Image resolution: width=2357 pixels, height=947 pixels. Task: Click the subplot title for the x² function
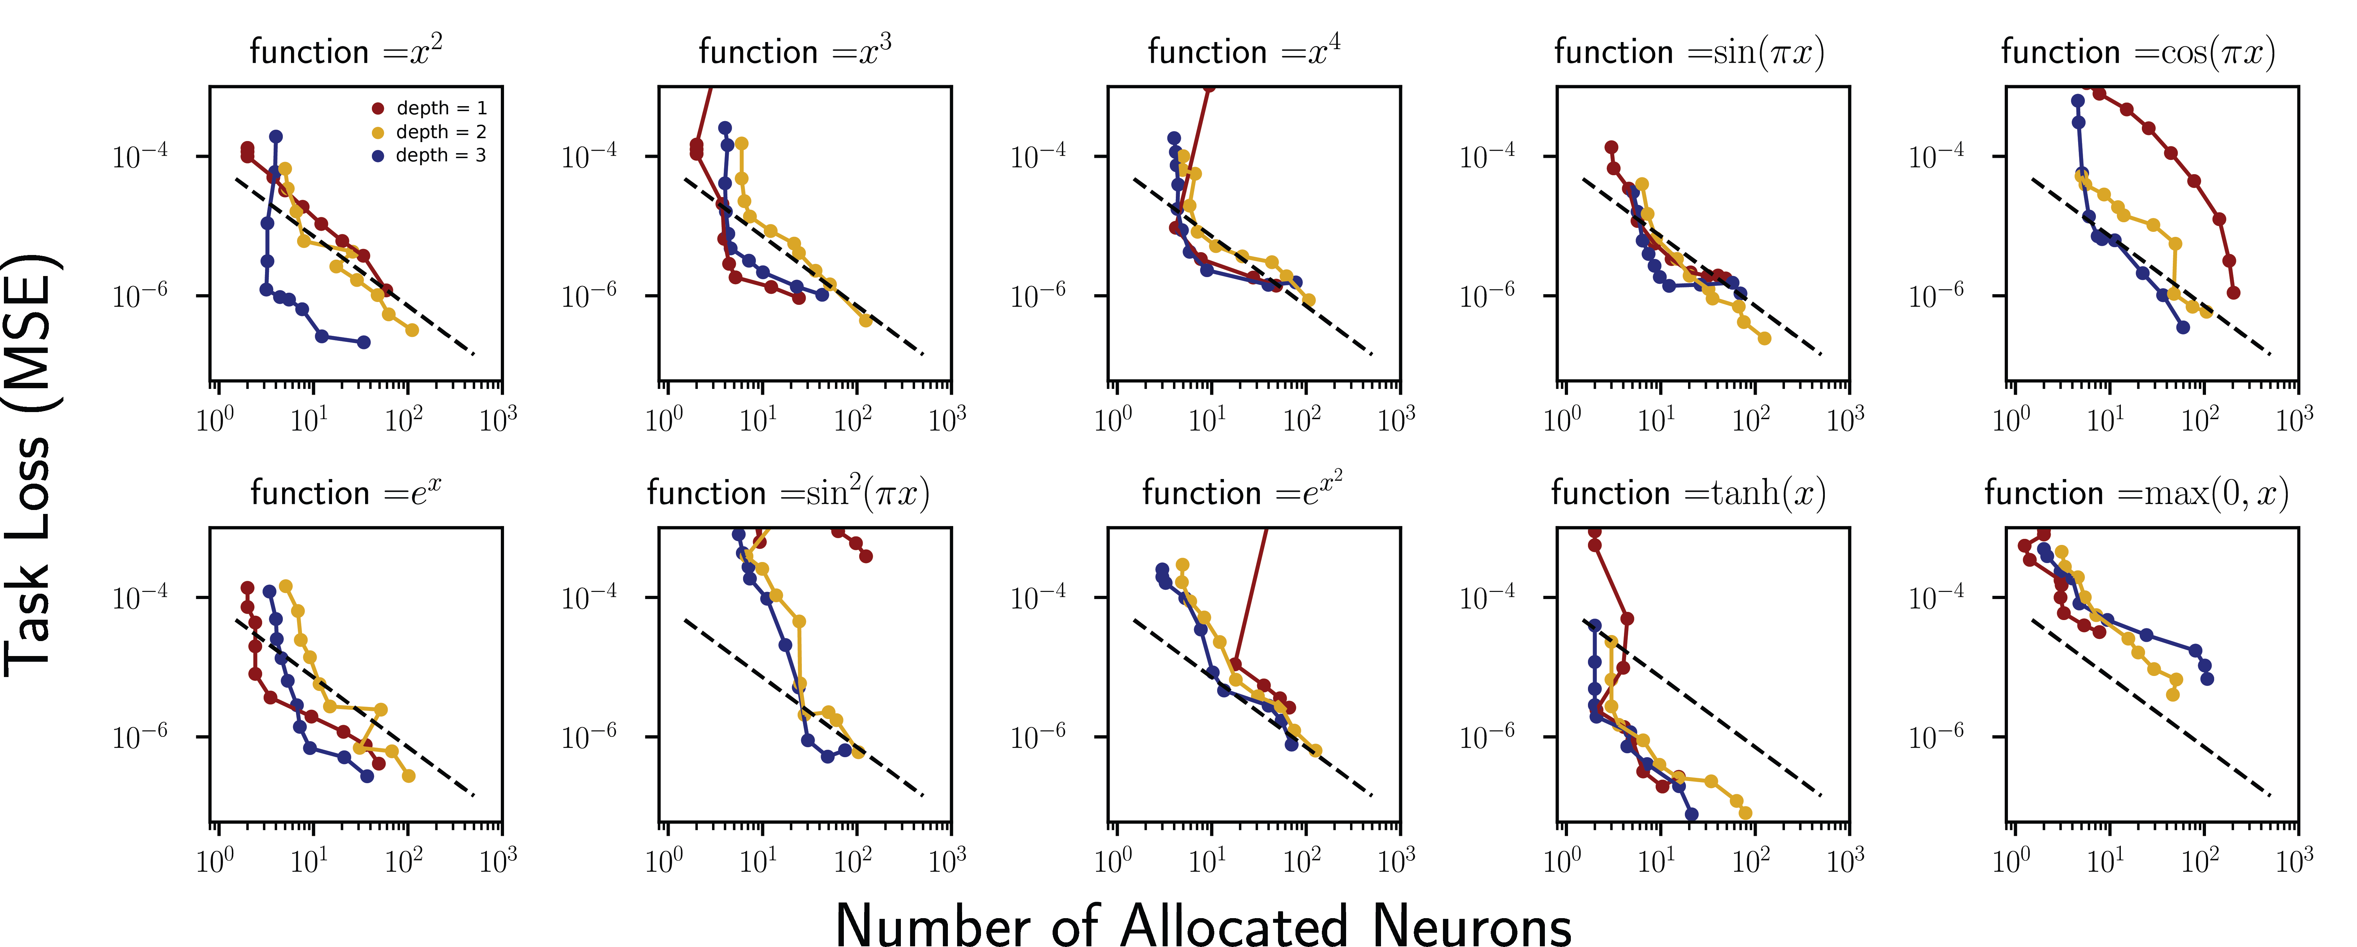tap(346, 51)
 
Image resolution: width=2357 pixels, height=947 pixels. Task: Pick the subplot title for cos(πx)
tap(2138, 51)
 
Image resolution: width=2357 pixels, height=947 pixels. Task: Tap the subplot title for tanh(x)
tap(1688, 493)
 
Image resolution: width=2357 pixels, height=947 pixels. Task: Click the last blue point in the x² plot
tap(363, 342)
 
